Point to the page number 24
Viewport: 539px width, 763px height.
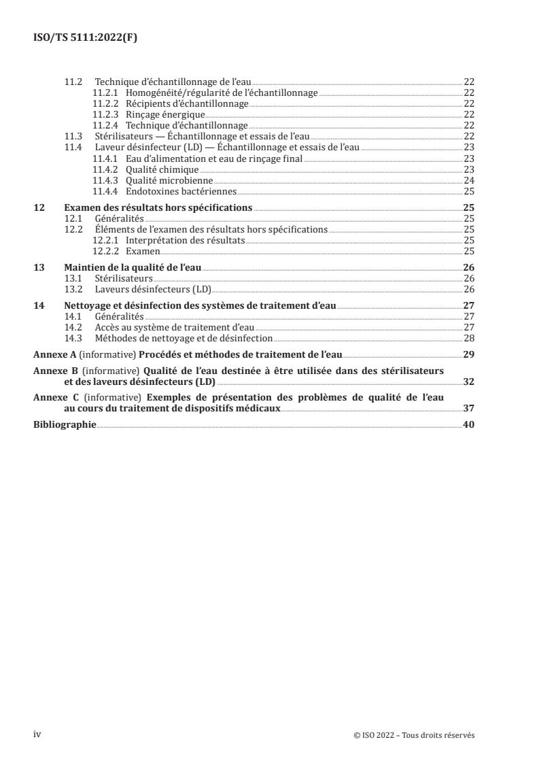tap(468, 180)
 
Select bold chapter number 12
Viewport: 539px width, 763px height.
tap(39, 207)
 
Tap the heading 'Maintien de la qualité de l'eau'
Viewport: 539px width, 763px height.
tap(133, 267)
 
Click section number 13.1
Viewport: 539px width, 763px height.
tap(73, 278)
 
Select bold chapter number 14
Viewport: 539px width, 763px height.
tap(39, 305)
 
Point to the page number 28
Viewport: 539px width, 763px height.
tap(468, 338)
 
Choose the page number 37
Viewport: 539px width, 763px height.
tap(468, 409)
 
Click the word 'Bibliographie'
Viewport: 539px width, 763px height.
tap(65, 425)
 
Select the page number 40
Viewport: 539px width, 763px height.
tap(468, 425)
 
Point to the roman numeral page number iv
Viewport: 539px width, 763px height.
tap(37, 734)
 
